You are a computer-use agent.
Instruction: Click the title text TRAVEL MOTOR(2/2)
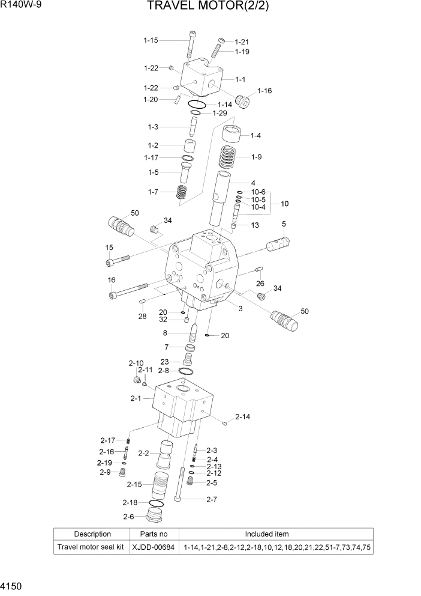coord(210,8)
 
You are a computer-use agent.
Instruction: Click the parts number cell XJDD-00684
coord(154,547)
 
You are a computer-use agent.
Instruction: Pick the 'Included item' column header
coord(275,534)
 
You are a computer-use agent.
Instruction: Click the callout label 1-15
coord(151,40)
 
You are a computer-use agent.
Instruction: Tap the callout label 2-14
coord(243,416)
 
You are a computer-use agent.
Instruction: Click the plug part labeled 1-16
coord(244,102)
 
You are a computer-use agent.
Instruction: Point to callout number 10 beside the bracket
coord(284,204)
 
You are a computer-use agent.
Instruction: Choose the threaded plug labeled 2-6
coord(155,516)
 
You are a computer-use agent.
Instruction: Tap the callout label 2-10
coord(136,363)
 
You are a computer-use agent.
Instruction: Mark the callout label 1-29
coord(219,114)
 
